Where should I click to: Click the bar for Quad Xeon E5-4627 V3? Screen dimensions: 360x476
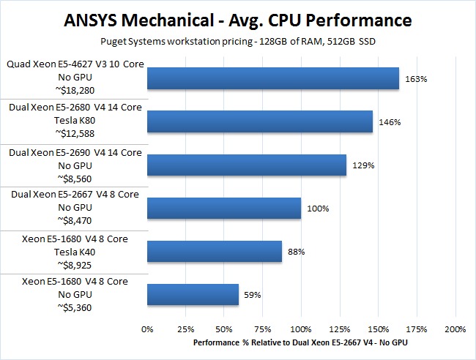[272, 78]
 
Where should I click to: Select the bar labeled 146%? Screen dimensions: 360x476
[259, 121]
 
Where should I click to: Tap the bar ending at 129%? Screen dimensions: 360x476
[246, 165]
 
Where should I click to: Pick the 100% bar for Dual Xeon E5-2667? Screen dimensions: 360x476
[223, 208]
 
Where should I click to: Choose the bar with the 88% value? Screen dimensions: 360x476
[214, 251]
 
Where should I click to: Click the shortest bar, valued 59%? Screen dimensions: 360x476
[193, 295]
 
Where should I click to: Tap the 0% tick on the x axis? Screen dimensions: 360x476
[147, 328]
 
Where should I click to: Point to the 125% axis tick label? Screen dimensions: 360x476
[340, 328]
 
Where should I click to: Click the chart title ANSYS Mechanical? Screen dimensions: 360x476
[238, 18]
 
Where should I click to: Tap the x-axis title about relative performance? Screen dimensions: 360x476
[301, 342]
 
